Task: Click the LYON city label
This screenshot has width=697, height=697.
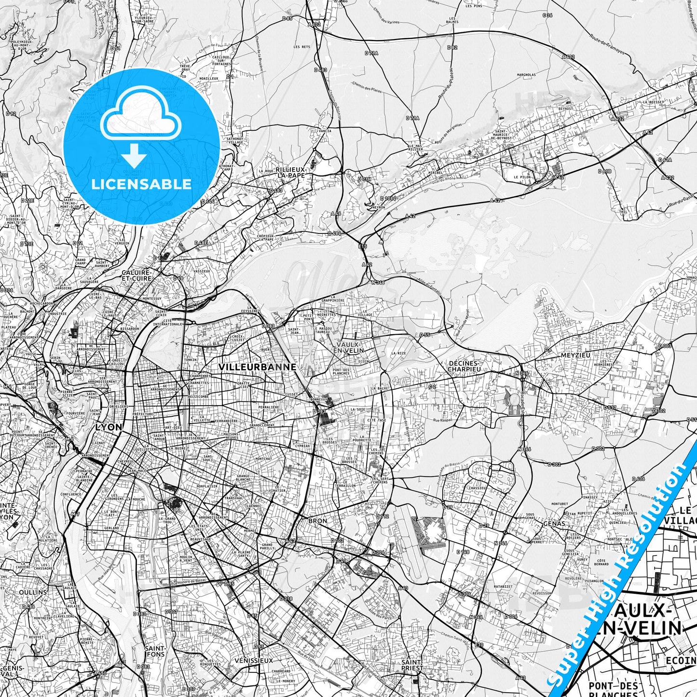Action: tap(109, 427)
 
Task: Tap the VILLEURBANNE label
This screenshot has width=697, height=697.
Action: tap(257, 367)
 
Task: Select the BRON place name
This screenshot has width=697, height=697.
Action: tap(317, 521)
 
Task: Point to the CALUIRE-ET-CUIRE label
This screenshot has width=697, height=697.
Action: tap(137, 275)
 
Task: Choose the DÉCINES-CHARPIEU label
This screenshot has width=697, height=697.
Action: tap(463, 366)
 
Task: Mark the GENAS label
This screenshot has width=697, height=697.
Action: tap(554, 523)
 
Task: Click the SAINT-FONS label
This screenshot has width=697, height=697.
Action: tap(155, 651)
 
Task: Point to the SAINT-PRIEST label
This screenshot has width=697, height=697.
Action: tap(412, 665)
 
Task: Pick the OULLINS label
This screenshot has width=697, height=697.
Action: tap(33, 592)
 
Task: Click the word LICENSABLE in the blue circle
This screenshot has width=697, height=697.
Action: tap(141, 184)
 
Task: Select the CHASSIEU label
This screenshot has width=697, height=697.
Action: tap(477, 488)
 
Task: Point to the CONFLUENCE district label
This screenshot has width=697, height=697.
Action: tap(71, 494)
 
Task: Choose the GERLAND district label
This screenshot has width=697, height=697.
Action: tap(111, 528)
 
